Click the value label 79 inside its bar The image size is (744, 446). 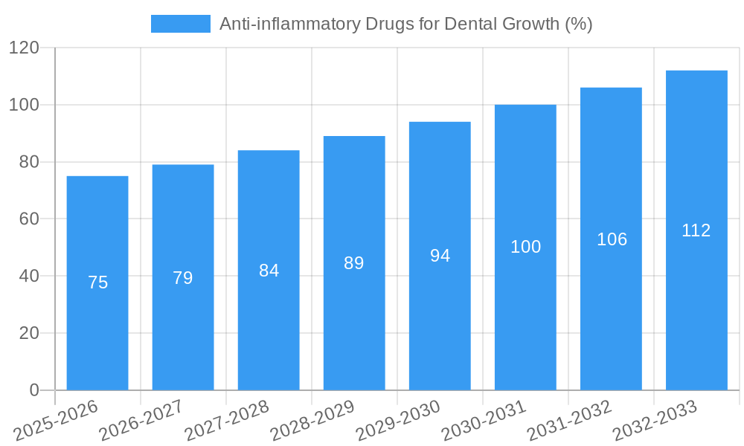point(183,278)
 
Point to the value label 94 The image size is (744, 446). point(440,256)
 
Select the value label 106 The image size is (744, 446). point(612,239)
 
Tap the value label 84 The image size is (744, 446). point(269,271)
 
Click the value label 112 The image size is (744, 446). point(696,230)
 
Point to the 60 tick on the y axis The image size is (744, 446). point(28,219)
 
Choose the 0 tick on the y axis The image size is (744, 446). point(33,390)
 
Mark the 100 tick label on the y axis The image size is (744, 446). point(24,105)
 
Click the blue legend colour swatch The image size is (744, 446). point(181,24)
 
